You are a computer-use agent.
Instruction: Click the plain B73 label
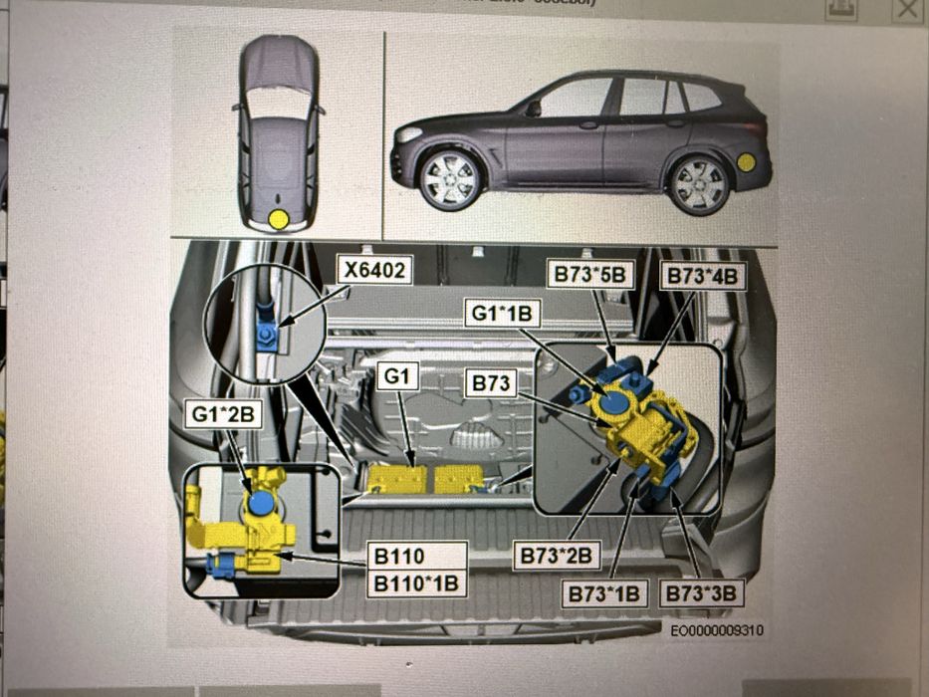tap(491, 382)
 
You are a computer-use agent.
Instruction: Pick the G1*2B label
tap(222, 410)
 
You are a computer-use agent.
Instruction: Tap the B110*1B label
tap(415, 582)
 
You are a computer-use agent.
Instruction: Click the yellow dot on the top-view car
tap(281, 218)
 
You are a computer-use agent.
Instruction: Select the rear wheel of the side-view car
tap(697, 182)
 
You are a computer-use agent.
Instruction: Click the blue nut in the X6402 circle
tap(267, 334)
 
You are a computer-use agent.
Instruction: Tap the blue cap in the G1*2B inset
tap(261, 503)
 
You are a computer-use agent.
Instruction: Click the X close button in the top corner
tap(908, 10)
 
